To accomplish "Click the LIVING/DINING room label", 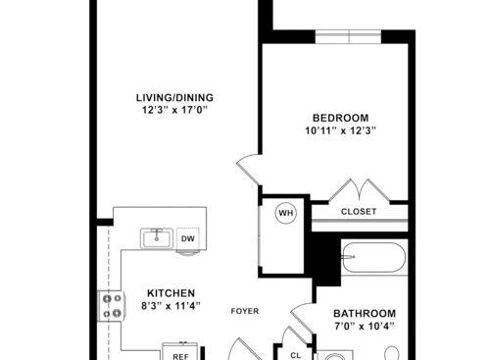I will click(x=174, y=97).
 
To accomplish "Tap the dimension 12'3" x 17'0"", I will click(x=174, y=111).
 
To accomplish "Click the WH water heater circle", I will click(x=285, y=212).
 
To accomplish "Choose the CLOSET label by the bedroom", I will click(x=359, y=211).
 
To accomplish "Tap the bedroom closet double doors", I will click(x=359, y=190).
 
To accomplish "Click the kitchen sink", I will click(x=155, y=237).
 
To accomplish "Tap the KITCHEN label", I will click(x=171, y=292).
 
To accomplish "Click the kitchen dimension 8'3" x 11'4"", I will click(x=171, y=306).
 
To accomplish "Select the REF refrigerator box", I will click(x=180, y=346).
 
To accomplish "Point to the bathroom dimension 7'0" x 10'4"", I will click(x=364, y=326).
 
